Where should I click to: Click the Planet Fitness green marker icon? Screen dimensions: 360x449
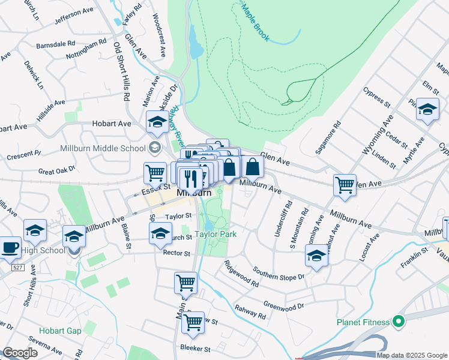(x=396, y=321)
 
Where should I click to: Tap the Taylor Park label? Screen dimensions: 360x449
(x=214, y=235)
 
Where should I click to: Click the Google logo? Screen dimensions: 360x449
(x=20, y=353)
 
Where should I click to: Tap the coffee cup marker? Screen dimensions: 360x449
(x=10, y=247)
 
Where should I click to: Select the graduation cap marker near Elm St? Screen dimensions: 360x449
(x=427, y=110)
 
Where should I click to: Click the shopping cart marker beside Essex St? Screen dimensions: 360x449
(x=155, y=173)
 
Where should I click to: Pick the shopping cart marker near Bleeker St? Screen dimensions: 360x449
(x=193, y=322)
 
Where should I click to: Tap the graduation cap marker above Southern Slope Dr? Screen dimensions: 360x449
(x=316, y=256)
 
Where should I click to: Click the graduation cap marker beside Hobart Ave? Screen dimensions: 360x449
(x=157, y=121)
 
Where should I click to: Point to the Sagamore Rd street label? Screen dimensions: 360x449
(x=331, y=136)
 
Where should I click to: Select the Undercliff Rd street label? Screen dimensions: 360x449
(x=280, y=222)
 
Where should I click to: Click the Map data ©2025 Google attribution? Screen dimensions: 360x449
(x=412, y=355)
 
